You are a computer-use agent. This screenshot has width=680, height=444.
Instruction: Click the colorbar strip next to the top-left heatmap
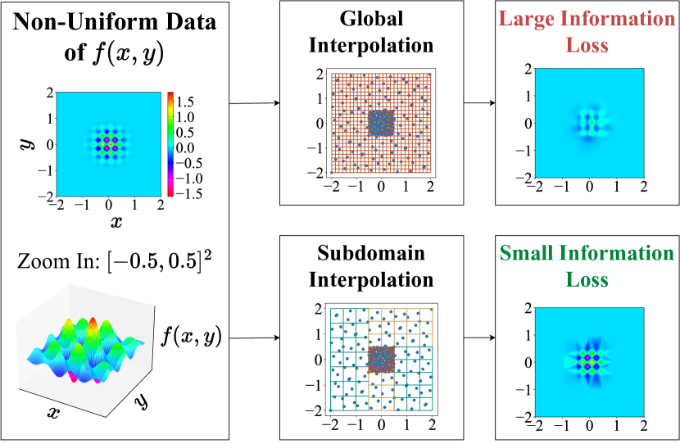pyautogui.click(x=170, y=145)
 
